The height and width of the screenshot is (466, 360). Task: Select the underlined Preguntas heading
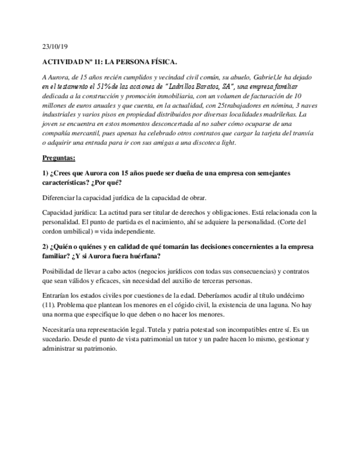pyautogui.click(x=59, y=158)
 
